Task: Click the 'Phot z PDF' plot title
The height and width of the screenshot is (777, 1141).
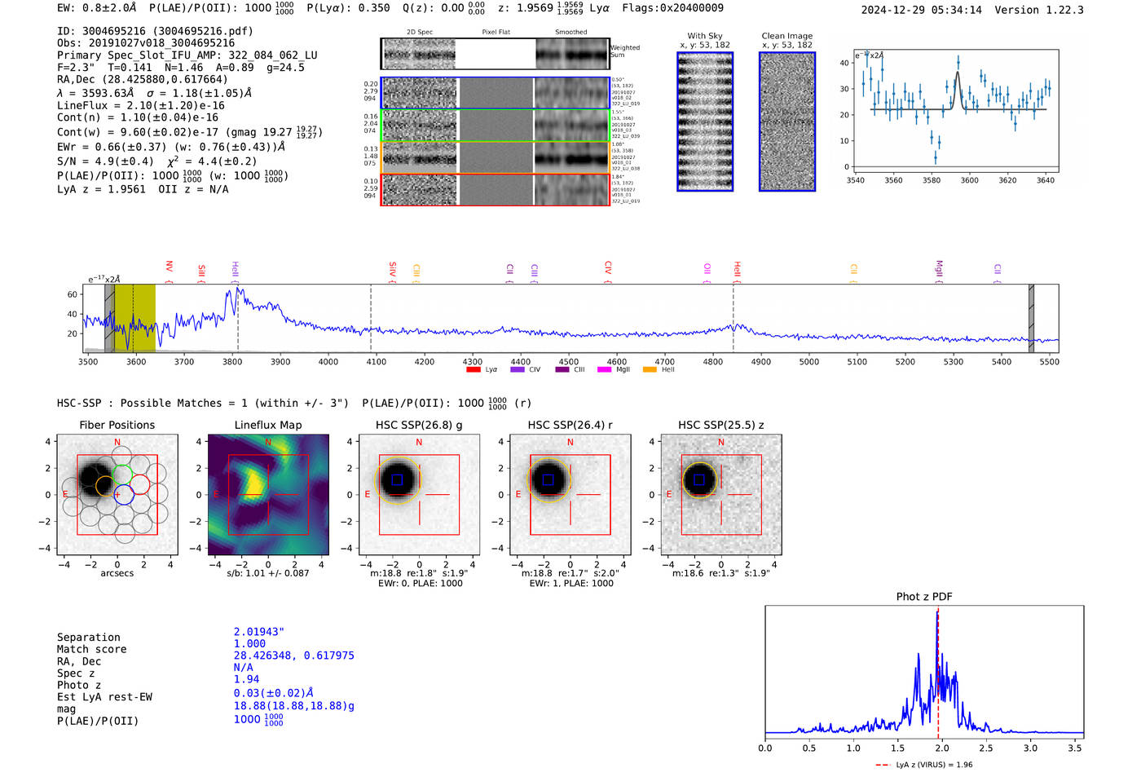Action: [x=923, y=597]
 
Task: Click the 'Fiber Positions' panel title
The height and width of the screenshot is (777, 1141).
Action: [x=117, y=425]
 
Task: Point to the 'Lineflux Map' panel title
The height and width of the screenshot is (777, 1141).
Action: [x=267, y=425]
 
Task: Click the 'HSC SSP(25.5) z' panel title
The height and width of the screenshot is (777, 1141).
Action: [x=720, y=425]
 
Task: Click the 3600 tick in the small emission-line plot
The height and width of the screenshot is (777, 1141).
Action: [x=969, y=180]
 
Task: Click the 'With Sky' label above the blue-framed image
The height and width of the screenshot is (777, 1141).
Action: [x=704, y=36]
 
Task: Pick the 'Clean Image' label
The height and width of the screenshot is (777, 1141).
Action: [x=786, y=36]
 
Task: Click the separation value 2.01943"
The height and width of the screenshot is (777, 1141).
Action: [x=259, y=632]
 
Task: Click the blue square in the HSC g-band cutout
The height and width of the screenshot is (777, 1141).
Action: [x=397, y=480]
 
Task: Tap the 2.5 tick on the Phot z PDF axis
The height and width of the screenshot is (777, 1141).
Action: [x=986, y=748]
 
